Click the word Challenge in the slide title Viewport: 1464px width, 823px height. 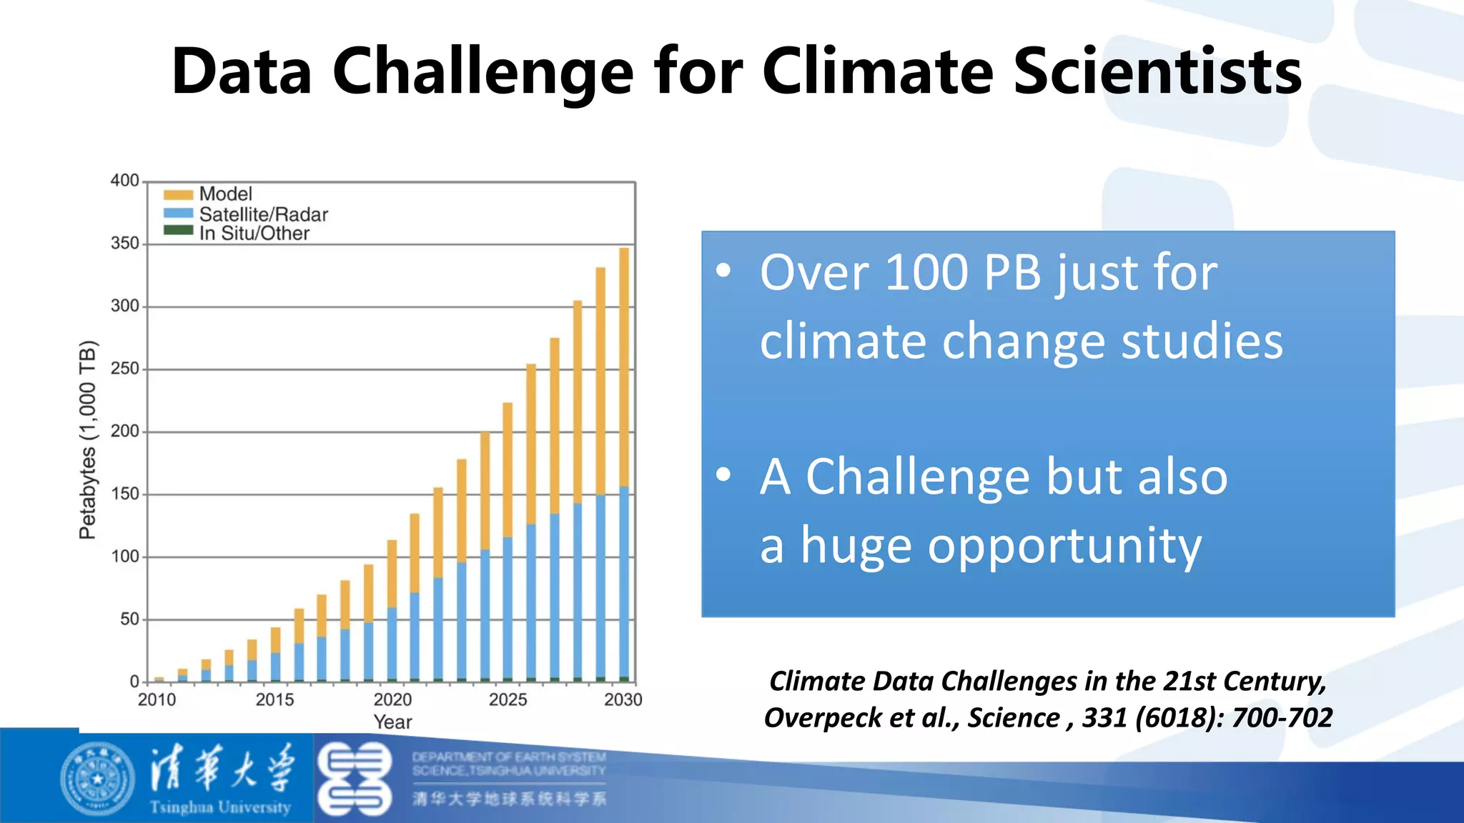(x=483, y=71)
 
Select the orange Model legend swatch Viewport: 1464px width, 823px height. (x=178, y=194)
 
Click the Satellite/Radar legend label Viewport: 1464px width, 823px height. (x=263, y=214)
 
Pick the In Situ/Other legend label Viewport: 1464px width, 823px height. (x=254, y=234)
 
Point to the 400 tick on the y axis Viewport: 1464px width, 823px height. (x=124, y=181)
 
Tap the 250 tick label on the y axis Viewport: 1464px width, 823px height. (x=124, y=369)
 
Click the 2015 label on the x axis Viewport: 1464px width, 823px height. (x=274, y=699)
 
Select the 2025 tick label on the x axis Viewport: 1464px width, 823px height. (x=508, y=699)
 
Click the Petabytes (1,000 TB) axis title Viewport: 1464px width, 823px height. (x=87, y=439)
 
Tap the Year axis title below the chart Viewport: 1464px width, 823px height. (x=392, y=722)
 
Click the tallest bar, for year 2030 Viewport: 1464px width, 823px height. (x=624, y=464)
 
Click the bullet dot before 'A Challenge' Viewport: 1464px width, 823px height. (x=724, y=474)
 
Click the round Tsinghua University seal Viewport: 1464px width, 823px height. (x=97, y=779)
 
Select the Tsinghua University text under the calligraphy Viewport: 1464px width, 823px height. (x=220, y=808)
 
